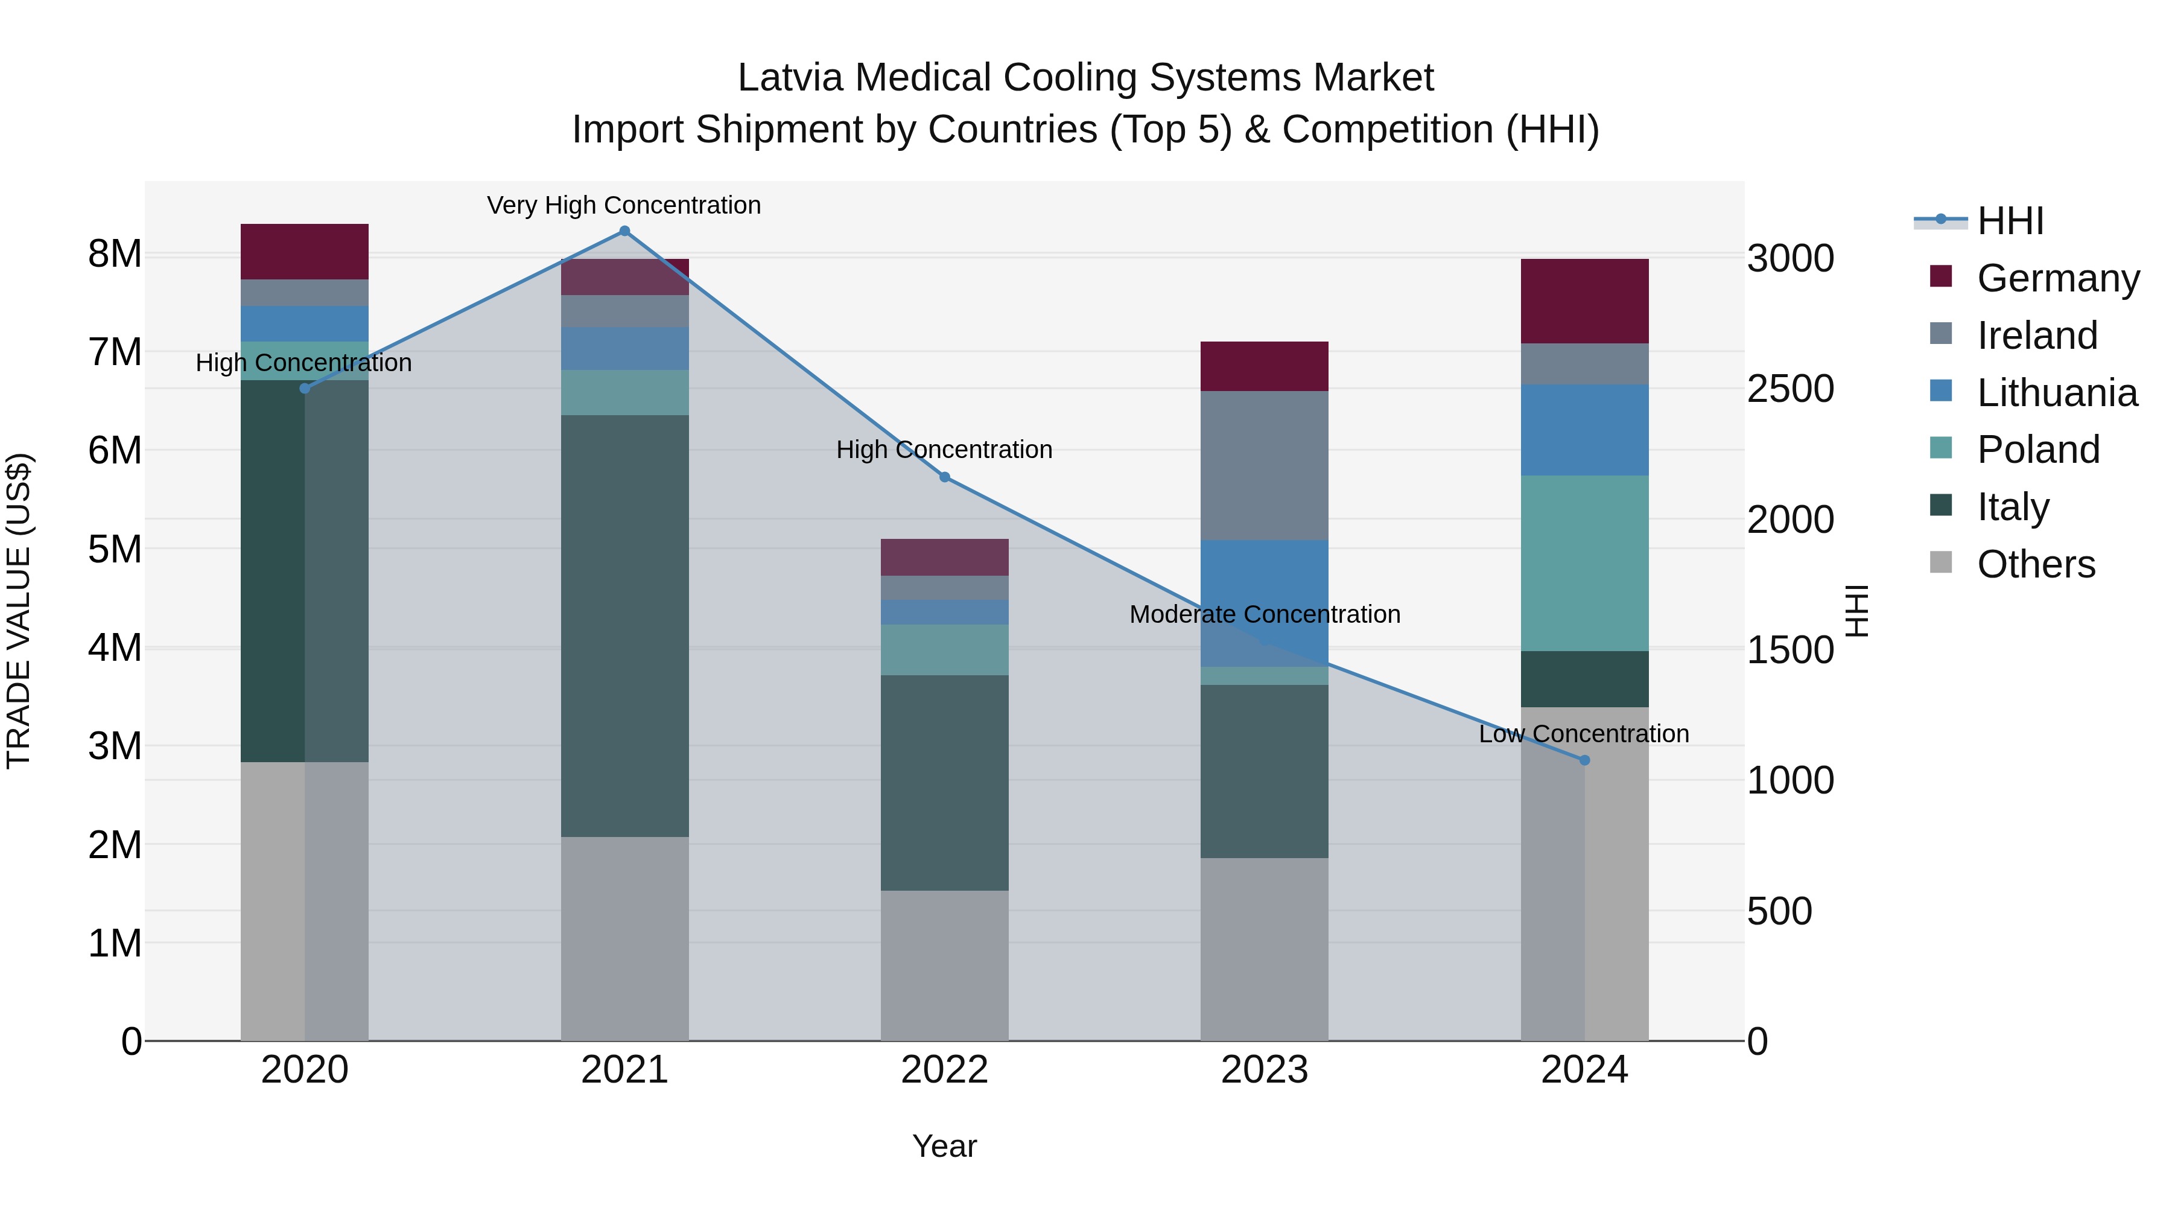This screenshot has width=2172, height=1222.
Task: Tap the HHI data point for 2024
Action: coord(1584,760)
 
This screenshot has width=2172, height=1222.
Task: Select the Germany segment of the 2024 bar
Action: coord(1584,301)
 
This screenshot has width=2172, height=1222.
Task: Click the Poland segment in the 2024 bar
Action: coord(1584,564)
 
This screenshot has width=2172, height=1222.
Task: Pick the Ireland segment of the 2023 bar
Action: coord(1264,465)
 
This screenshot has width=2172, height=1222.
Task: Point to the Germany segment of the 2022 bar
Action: coord(944,558)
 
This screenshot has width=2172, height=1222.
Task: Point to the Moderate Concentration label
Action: coord(1265,615)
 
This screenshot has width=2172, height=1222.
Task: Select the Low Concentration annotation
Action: coord(1584,734)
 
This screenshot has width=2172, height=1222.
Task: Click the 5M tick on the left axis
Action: coord(115,550)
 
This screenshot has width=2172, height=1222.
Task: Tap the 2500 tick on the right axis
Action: coord(1790,389)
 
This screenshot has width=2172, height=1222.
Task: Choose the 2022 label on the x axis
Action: coord(944,1070)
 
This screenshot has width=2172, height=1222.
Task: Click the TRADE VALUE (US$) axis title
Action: coord(19,611)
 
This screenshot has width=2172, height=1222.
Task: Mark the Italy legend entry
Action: coord(2013,508)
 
